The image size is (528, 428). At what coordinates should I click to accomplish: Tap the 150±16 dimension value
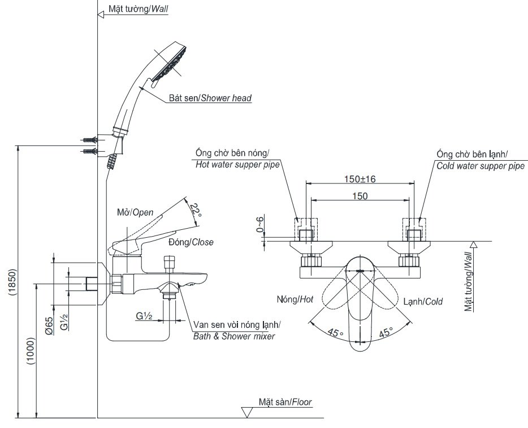point(360,179)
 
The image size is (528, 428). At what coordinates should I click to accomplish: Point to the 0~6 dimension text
point(261,224)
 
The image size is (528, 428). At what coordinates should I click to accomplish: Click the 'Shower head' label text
point(210,99)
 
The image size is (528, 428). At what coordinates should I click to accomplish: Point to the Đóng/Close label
point(191,242)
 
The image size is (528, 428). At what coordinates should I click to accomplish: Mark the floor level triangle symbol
point(247,412)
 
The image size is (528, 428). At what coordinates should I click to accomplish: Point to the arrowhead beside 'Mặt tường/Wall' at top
point(102,15)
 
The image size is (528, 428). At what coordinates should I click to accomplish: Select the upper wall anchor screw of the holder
point(88,139)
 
